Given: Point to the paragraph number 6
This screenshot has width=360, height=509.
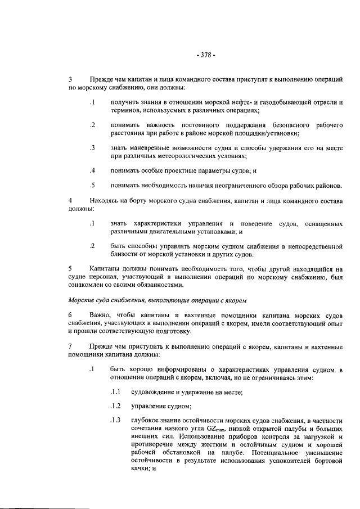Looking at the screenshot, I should click(70, 314).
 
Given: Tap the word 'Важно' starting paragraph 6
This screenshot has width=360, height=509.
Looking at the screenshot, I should click(101, 314).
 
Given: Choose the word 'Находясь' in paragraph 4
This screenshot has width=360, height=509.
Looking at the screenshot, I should click(105, 201).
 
